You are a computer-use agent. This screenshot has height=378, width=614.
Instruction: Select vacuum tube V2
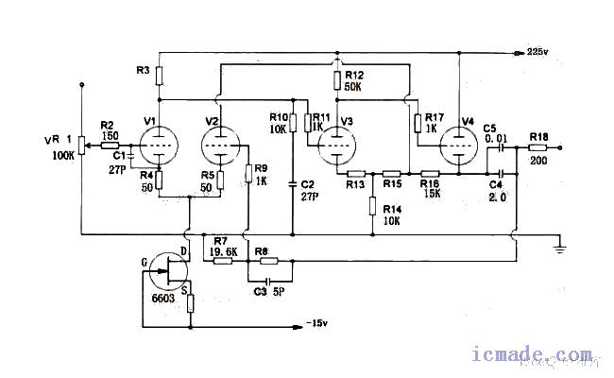point(221,146)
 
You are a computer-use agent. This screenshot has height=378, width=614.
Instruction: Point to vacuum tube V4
point(458,146)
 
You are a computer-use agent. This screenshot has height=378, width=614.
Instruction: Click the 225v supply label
point(538,49)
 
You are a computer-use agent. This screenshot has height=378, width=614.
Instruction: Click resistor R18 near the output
point(539,148)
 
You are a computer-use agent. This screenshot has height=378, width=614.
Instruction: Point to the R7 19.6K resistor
point(224,261)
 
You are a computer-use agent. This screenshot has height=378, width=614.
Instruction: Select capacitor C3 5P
point(269,281)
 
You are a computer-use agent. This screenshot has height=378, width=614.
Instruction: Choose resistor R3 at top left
point(160,75)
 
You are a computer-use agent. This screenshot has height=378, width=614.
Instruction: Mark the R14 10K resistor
point(373,206)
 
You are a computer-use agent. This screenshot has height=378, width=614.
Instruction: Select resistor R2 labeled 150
point(108,147)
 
